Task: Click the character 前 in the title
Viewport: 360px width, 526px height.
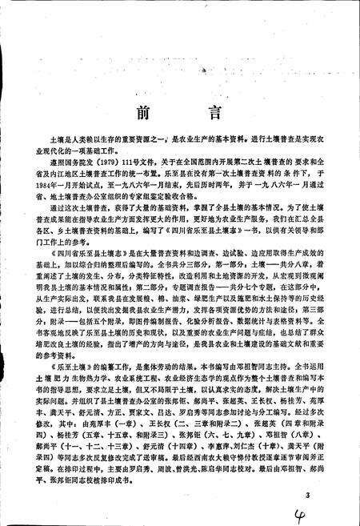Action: click(142, 110)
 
